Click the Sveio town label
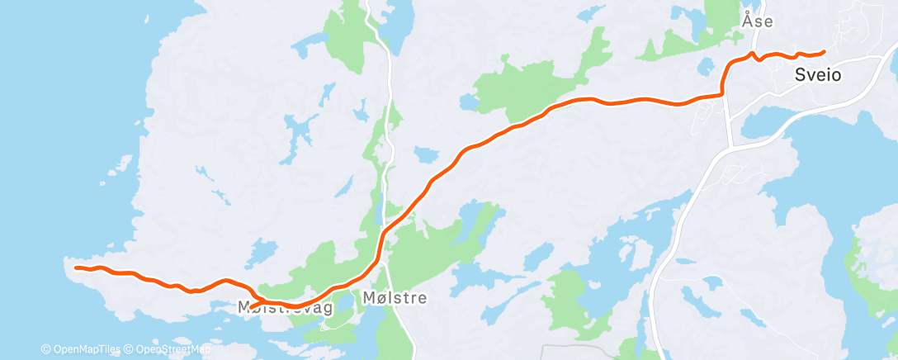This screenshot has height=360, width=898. [818, 74]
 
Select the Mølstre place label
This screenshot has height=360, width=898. [395, 298]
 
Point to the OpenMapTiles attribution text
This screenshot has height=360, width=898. [81, 349]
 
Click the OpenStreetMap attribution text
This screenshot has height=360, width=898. [168, 349]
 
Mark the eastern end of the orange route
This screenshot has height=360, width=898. [823, 53]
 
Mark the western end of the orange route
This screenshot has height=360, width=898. [76, 268]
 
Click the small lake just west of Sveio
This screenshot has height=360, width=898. [705, 65]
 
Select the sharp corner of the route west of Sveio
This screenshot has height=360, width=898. [724, 93]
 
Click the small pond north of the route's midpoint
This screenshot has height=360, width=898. [427, 155]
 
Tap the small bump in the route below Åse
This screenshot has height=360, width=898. [753, 56]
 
